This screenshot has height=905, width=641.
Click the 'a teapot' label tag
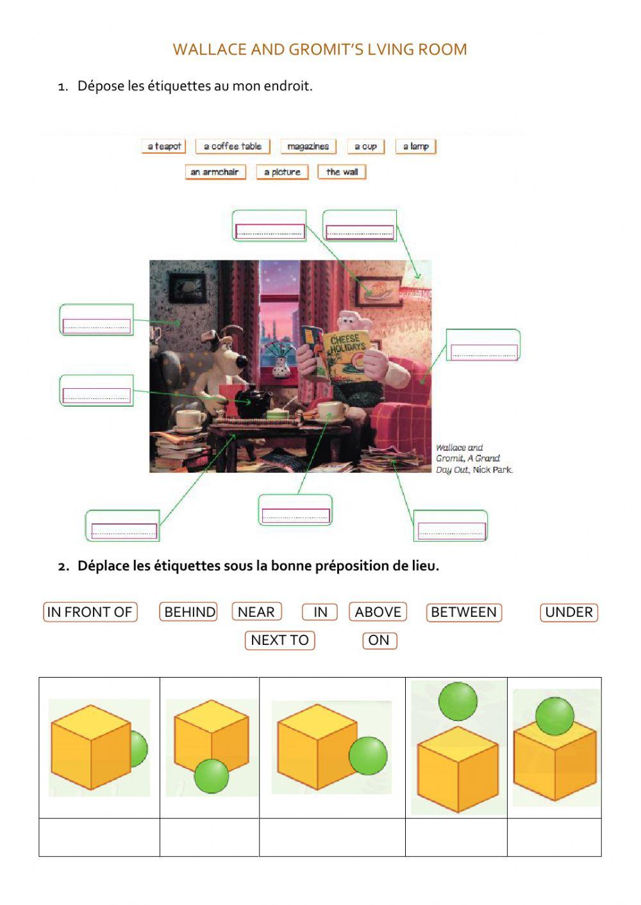[x=164, y=147]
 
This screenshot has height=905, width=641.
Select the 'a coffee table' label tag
[x=233, y=147]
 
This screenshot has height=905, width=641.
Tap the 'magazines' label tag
[x=308, y=147]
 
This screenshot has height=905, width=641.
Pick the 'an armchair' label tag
[x=215, y=172]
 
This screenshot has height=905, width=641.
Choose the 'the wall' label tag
[x=342, y=172]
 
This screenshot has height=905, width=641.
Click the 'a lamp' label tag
[x=415, y=147]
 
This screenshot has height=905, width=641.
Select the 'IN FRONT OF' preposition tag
[x=90, y=612]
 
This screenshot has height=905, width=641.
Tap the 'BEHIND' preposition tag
[x=189, y=612]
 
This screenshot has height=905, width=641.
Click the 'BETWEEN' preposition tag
[x=463, y=612]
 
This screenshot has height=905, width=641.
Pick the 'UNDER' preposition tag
[x=569, y=612]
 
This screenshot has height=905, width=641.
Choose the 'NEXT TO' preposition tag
[x=279, y=640]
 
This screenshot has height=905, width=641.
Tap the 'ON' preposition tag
[x=379, y=640]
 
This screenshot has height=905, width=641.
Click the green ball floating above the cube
[x=458, y=701]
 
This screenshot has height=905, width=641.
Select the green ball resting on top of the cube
[x=554, y=716]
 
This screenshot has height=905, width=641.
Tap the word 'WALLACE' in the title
[x=209, y=49]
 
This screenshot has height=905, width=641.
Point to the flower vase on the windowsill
[x=280, y=366]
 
